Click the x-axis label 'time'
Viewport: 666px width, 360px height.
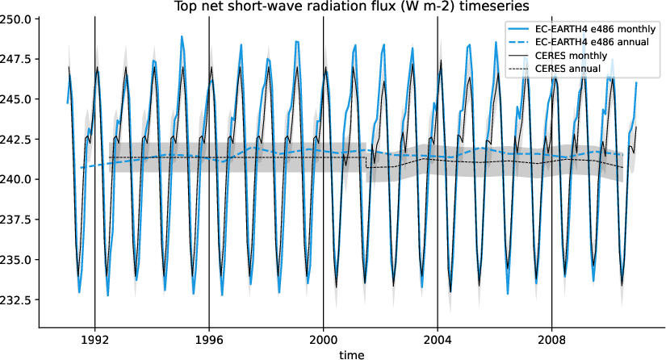pyautogui.click(x=351, y=354)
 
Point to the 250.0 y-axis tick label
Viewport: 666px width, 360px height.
pyautogui.click(x=17, y=19)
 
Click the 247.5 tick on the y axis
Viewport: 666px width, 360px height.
pyautogui.click(x=17, y=59)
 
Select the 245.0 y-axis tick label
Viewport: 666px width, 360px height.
pyautogui.click(x=17, y=99)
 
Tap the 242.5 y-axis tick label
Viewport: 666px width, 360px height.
pyautogui.click(x=17, y=139)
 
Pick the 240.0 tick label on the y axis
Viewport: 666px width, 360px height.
pyautogui.click(x=17, y=179)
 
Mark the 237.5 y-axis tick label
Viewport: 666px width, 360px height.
pyautogui.click(x=17, y=220)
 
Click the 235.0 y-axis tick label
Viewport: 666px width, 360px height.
pyautogui.click(x=17, y=259)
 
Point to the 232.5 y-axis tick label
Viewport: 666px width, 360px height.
pyautogui.click(x=17, y=299)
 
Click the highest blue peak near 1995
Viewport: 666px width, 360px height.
pyautogui.click(x=182, y=36)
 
